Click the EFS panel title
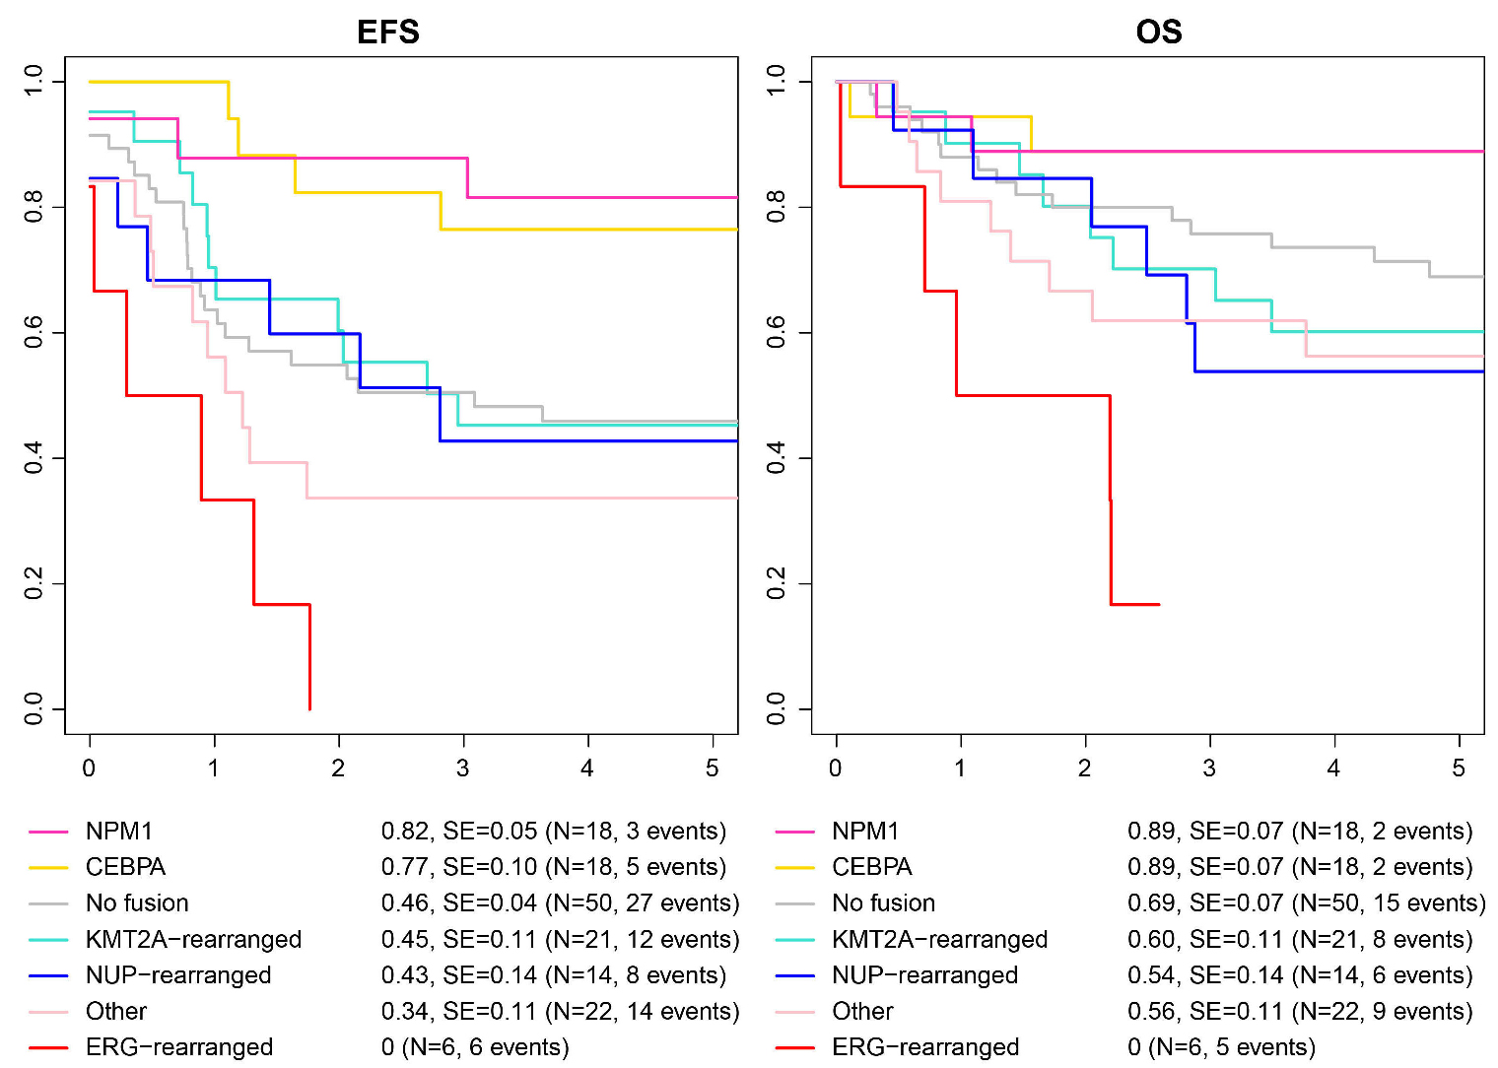pos(387,33)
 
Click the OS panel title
pos(1158,33)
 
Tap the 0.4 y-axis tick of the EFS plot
pos(34,458)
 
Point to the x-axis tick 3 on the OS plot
pos(1209,768)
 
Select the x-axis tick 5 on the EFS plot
pos(713,768)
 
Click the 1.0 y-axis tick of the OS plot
pos(777,81)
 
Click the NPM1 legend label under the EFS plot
pos(119,832)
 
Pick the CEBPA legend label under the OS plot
pos(871,867)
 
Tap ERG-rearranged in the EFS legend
pos(179,1047)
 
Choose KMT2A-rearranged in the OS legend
pos(939,940)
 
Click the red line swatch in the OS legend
pos(795,1047)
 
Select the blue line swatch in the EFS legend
pos(49,975)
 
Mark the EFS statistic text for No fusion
pos(560,903)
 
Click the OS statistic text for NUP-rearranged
pos(1300,975)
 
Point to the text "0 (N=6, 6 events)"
pos(475,1047)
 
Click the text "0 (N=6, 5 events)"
pos(1221,1047)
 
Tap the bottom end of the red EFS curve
pos(310,707)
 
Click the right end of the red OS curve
pos(1158,604)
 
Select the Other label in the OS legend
pos(862,1012)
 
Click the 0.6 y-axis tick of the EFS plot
pos(34,333)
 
